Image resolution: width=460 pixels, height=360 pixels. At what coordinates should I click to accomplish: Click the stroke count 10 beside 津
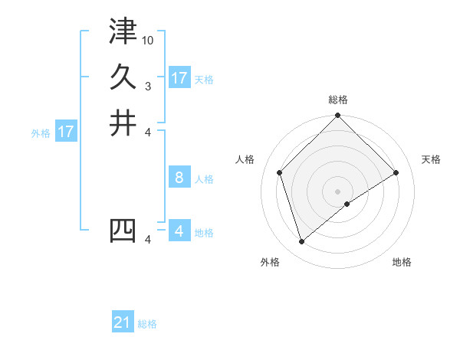pyautogui.click(x=148, y=40)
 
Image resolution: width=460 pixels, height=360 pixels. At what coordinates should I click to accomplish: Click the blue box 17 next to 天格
pyautogui.click(x=179, y=78)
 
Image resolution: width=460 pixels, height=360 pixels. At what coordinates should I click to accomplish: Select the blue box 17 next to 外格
pyautogui.click(x=66, y=132)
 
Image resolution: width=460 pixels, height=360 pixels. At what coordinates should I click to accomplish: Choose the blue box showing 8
pyautogui.click(x=179, y=178)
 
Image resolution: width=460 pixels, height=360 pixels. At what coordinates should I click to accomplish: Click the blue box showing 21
pyautogui.click(x=123, y=322)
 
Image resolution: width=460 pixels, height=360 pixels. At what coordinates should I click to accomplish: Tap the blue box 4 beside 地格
pyautogui.click(x=179, y=231)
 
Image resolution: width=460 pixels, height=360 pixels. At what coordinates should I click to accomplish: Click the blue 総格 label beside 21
pyautogui.click(x=148, y=324)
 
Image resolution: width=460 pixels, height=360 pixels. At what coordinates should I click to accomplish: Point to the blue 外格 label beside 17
pyautogui.click(x=41, y=133)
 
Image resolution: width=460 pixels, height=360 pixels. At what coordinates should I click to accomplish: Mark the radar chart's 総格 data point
pyautogui.click(x=337, y=116)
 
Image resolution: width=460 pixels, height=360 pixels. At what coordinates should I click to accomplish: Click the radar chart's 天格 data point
pyautogui.click(x=396, y=172)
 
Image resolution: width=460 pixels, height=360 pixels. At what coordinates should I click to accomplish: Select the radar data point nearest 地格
pyautogui.click(x=347, y=204)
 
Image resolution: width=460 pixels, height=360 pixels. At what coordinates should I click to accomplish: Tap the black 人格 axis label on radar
pyautogui.click(x=245, y=159)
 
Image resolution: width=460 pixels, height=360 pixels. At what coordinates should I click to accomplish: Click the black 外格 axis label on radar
pyautogui.click(x=269, y=263)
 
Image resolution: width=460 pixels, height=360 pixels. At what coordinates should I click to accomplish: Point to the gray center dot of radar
pyautogui.click(x=337, y=191)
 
